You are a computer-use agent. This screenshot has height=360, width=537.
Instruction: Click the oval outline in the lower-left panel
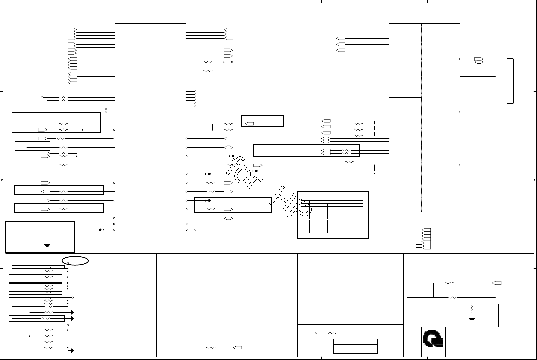[x=75, y=261]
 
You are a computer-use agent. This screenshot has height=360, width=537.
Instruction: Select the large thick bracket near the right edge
[x=510, y=81]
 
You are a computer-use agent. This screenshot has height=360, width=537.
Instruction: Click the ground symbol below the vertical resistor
[x=472, y=319]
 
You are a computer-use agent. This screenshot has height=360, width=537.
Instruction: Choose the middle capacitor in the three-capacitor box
[x=327, y=220]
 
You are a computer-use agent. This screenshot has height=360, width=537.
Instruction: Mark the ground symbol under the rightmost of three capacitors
[x=345, y=234]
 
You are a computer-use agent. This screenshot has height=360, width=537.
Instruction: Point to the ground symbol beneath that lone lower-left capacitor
[x=47, y=245]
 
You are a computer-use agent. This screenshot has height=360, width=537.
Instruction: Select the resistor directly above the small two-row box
[x=332, y=333]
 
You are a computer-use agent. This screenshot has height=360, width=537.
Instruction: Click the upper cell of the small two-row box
[x=355, y=342]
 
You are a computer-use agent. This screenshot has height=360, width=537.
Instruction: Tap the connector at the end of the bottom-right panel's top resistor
[x=497, y=283]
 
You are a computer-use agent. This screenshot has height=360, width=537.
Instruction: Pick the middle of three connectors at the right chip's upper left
[x=341, y=44]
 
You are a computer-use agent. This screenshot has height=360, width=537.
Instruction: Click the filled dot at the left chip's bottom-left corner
[x=100, y=230]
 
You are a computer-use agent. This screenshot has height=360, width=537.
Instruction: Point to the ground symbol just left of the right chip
[x=374, y=172]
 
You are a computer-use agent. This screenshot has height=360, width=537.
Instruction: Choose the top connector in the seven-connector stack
[x=426, y=230]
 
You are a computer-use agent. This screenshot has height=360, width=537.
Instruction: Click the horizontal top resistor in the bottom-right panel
[x=450, y=283]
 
